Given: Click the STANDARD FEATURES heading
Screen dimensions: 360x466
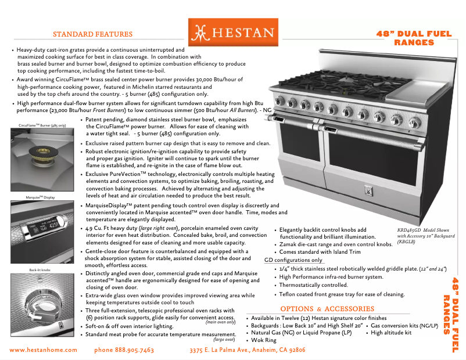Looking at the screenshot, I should point(92,34).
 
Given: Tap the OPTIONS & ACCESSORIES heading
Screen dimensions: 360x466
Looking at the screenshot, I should point(327,309).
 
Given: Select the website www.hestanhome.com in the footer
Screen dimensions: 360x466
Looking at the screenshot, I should point(44,350).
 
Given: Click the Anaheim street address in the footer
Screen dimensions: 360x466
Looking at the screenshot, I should point(248,350).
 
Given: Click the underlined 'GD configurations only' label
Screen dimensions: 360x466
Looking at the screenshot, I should point(293,260).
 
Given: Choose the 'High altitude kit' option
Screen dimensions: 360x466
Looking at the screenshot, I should point(390,333).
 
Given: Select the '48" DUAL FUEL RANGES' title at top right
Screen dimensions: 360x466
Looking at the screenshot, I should point(414,38).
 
